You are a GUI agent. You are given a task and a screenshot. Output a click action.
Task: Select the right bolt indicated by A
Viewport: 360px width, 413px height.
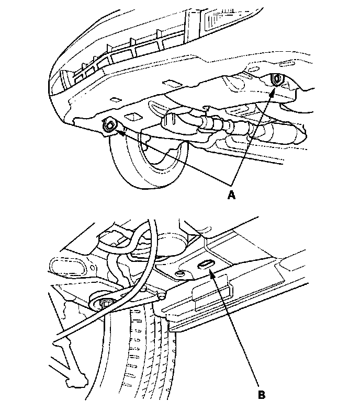(x=277, y=80)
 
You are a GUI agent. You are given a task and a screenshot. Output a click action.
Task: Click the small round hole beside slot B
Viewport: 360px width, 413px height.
(x=181, y=273)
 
